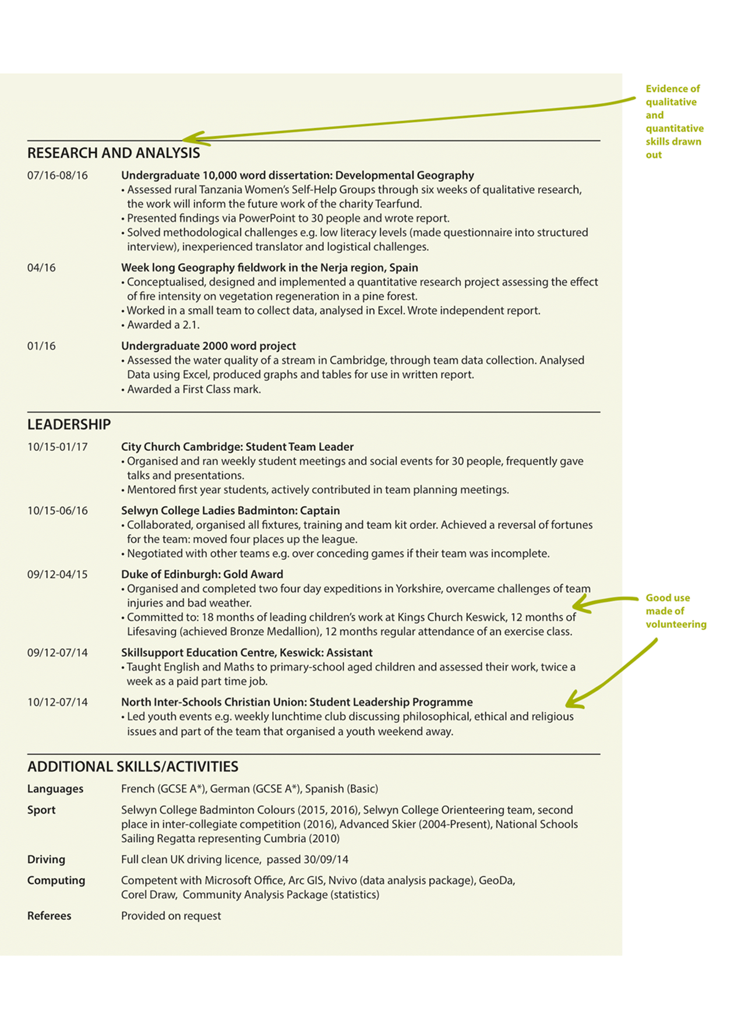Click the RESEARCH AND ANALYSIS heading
(x=114, y=153)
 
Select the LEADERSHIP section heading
(x=69, y=425)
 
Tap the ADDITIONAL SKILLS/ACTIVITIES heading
(x=133, y=767)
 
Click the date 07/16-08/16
(x=58, y=175)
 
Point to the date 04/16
(x=41, y=268)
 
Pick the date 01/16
(x=41, y=346)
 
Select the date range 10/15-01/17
(x=58, y=447)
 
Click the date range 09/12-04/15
(x=58, y=574)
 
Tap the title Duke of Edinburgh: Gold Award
(x=202, y=574)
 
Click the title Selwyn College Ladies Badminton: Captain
(x=230, y=511)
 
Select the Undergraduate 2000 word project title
(x=209, y=346)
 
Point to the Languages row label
(x=55, y=789)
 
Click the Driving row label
(x=46, y=859)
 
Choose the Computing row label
(x=56, y=880)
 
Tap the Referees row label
(x=49, y=916)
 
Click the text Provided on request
(x=171, y=916)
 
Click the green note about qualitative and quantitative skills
(x=673, y=122)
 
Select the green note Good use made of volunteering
(x=675, y=611)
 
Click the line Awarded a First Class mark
(x=194, y=389)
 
